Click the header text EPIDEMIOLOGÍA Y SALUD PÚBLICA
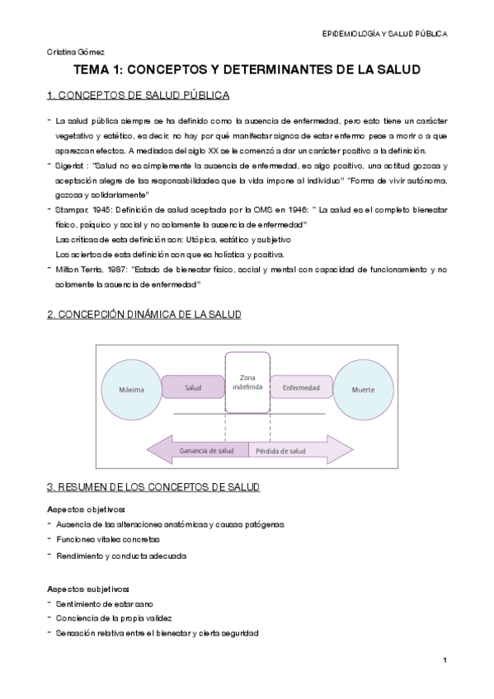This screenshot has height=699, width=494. click(384, 35)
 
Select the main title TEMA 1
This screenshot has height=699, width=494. click(247, 71)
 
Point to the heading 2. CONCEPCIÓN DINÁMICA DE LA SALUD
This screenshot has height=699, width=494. click(144, 316)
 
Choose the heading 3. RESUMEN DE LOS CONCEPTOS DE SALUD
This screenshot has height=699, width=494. click(153, 489)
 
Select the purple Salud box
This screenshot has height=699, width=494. click(193, 387)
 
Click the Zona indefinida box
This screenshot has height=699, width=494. click(247, 382)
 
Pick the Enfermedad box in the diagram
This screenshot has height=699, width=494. click(301, 387)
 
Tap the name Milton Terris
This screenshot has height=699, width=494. click(81, 270)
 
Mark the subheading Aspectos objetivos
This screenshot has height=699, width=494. click(86, 509)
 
